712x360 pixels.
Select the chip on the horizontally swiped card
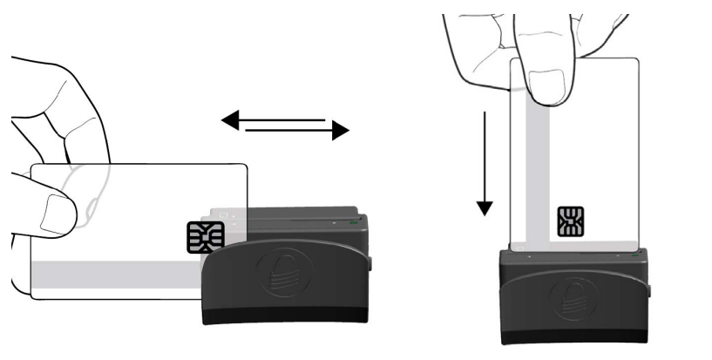point(205,236)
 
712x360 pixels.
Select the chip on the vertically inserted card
point(571,221)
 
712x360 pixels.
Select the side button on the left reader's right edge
point(370,262)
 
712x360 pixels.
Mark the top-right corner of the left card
point(247,166)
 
